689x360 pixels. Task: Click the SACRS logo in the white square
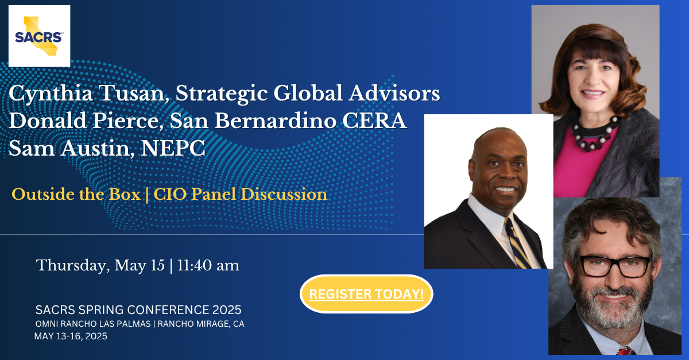tap(39, 36)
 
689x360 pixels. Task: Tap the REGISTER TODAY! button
tap(366, 294)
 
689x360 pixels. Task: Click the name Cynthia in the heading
tap(51, 94)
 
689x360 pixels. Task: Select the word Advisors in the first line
tap(394, 93)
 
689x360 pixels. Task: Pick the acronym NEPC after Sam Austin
tap(173, 148)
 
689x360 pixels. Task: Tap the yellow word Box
tap(125, 194)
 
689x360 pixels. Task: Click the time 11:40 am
tap(208, 265)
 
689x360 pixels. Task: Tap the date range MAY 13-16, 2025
tap(71, 336)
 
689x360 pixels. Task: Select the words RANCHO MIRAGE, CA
tap(201, 324)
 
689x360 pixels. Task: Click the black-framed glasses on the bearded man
tap(614, 266)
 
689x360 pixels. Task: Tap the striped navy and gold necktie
tap(517, 243)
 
